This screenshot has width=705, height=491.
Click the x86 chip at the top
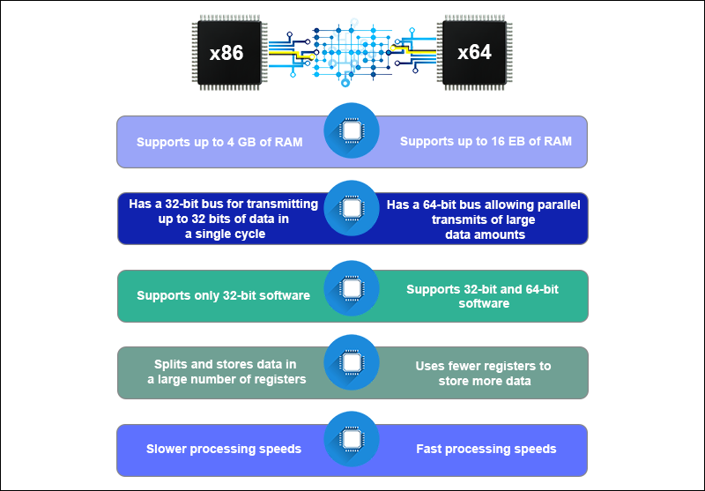(226, 53)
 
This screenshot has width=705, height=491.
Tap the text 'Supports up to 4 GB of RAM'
(219, 142)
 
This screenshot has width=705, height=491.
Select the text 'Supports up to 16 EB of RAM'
(486, 141)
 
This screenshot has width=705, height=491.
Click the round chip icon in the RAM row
(352, 130)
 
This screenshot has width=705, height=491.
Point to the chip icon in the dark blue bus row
(352, 208)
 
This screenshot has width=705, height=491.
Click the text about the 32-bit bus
(212, 219)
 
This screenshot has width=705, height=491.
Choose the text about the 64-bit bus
(484, 219)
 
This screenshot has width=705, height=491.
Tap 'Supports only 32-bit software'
(223, 295)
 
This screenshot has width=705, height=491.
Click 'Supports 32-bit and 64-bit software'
(484, 295)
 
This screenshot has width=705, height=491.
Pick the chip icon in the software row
(352, 286)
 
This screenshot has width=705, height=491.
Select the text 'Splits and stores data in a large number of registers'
(226, 372)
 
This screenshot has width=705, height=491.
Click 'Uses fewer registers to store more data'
(484, 373)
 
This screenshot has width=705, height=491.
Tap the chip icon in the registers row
(352, 362)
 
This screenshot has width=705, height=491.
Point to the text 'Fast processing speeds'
(486, 449)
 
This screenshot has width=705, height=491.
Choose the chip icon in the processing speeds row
(352, 439)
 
